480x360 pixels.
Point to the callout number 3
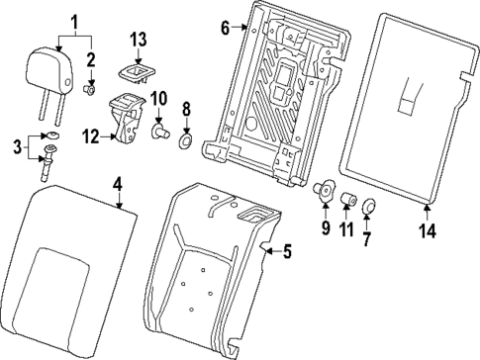[14, 147]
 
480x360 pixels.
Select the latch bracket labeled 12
[126, 118]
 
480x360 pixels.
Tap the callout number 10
[157, 99]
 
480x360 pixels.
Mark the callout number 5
[286, 253]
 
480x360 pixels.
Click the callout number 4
[117, 183]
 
